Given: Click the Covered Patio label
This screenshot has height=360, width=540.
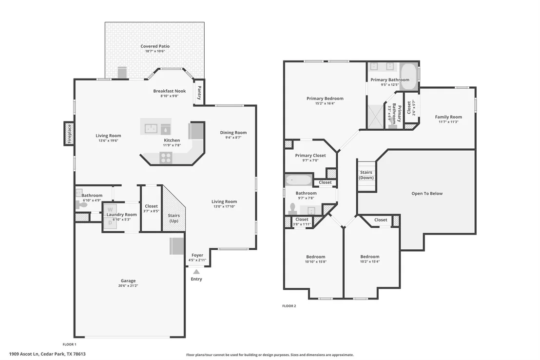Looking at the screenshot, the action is [x=155, y=46].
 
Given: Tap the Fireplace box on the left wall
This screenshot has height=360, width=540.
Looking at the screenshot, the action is [x=69, y=134].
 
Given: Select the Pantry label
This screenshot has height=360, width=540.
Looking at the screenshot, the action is [x=199, y=93].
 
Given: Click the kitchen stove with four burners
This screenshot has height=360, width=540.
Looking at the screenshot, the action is [x=166, y=158].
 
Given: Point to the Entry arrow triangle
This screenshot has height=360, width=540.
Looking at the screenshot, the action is [x=196, y=272].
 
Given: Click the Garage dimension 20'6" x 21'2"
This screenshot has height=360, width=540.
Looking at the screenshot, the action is [x=128, y=285].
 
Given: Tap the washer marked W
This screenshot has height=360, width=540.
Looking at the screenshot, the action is [x=110, y=209].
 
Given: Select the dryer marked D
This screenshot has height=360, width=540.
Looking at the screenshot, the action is [x=110, y=223].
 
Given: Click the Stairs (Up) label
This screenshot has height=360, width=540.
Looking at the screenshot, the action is [x=174, y=218].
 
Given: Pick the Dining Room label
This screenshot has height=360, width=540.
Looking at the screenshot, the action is [x=233, y=132].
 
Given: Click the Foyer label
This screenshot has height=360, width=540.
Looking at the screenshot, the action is [x=197, y=255].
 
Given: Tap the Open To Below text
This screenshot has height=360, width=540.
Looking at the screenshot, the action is [x=427, y=194].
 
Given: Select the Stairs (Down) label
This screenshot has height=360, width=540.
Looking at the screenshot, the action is [x=366, y=175].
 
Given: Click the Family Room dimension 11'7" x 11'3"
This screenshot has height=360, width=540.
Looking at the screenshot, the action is [x=448, y=122].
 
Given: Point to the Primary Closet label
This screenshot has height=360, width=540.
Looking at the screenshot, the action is [x=310, y=156].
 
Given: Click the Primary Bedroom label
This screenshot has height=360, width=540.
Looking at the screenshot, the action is [x=325, y=99].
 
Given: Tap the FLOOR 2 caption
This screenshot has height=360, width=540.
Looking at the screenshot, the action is [x=289, y=306].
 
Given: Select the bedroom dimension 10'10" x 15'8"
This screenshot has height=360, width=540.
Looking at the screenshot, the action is [x=316, y=262].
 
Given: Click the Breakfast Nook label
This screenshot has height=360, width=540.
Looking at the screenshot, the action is [x=170, y=91].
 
